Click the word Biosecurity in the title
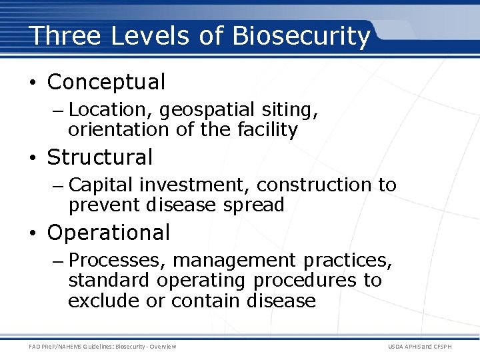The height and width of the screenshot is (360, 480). point(301,36)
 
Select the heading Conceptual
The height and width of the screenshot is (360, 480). point(106,82)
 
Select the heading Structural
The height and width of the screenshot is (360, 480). point(100,157)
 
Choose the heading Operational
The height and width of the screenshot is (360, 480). point(109,233)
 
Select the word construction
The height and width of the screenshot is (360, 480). point(315,185)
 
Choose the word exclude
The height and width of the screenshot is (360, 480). point(105,300)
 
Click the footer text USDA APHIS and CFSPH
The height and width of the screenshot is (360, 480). point(428,346)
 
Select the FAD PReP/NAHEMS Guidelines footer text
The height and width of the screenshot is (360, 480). point(103,346)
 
